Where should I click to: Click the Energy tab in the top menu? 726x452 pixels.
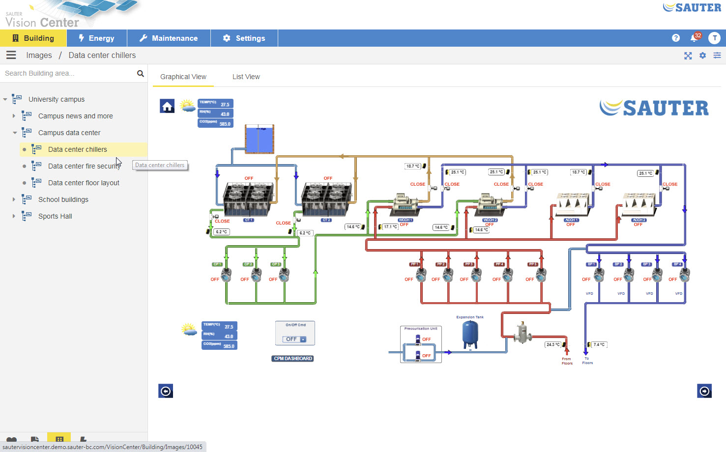point(96,38)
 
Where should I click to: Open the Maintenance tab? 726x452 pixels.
point(169,38)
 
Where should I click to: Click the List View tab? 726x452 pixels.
point(246,77)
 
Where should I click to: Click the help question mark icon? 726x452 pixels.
point(676,38)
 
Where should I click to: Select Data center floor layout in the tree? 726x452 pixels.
point(84,183)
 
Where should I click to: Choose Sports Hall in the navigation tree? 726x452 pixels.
point(55,216)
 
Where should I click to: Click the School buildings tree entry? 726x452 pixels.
point(63,199)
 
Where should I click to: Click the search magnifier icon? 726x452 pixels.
point(141,74)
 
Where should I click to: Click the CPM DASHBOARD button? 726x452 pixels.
point(293,359)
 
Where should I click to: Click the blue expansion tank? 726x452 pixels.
point(470,334)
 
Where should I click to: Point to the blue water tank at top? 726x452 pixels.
point(259,139)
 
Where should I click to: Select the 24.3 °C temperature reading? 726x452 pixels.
point(553,344)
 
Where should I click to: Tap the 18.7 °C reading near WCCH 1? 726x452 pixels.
point(412,166)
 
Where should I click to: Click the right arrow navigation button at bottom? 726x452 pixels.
point(704,391)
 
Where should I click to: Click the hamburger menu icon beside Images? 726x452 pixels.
point(11,55)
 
